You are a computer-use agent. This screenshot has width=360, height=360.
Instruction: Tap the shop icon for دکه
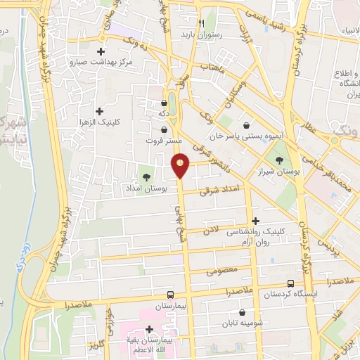(164, 103)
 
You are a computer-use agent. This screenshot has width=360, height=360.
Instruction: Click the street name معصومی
(224, 269)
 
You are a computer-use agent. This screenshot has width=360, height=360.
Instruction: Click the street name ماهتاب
(212, 68)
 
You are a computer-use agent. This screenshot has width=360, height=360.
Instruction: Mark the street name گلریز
(96, 346)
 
